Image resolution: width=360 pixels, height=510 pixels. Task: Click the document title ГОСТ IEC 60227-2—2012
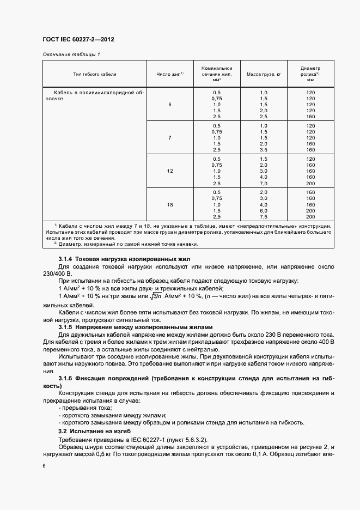[x=78, y=39]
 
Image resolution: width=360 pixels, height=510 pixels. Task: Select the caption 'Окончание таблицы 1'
[x=71, y=54]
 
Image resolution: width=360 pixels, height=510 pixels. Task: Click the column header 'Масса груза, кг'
[x=264, y=73]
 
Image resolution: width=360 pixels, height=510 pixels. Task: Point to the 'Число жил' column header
[x=170, y=73]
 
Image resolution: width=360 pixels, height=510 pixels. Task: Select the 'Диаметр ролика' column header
[x=310, y=73]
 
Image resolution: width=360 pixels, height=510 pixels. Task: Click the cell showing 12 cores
[x=170, y=171]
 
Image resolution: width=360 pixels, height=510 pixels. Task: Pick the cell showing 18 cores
[x=170, y=204]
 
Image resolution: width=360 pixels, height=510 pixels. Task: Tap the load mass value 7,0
[x=264, y=184]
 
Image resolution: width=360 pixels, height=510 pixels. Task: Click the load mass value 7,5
[x=264, y=217]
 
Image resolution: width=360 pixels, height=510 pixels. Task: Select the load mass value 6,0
[x=264, y=211]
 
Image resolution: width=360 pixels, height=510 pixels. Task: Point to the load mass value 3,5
[x=264, y=150]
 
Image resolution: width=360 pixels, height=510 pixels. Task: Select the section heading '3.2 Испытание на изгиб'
[x=91, y=430]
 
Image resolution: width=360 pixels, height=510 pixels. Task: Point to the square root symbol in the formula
[x=155, y=296]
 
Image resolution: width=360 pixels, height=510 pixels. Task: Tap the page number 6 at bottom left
[x=44, y=466]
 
